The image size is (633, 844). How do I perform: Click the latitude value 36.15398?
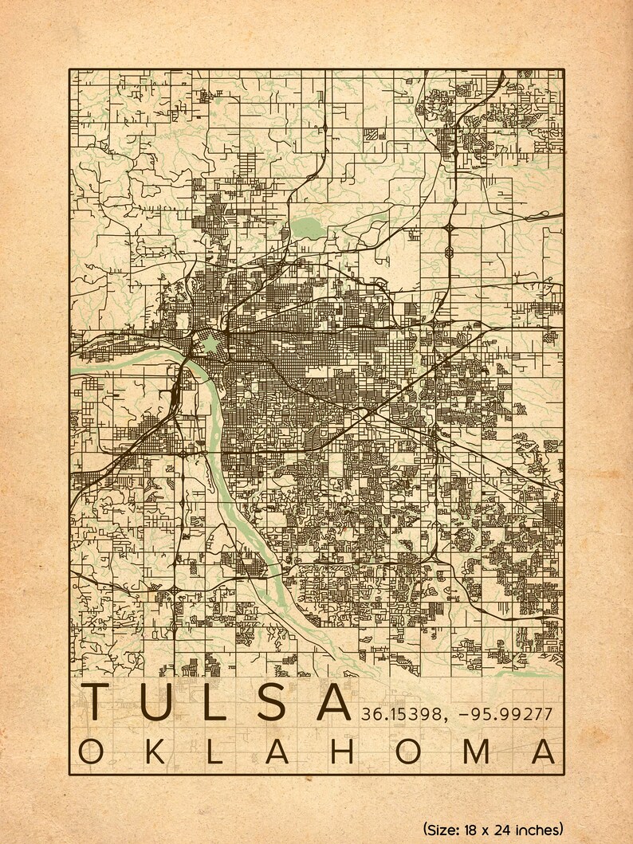(x=397, y=712)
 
